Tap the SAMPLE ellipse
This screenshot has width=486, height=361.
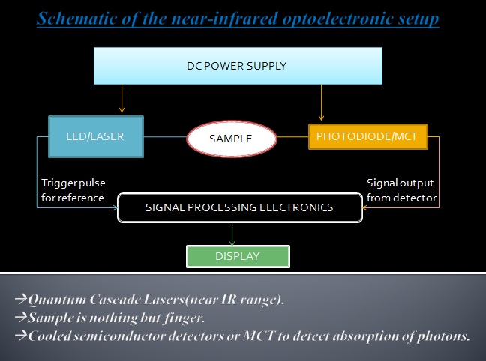(x=230, y=139)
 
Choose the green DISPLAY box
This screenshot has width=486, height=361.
(x=237, y=256)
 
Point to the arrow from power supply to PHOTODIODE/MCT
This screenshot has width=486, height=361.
(x=321, y=102)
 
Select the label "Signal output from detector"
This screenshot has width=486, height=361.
(x=400, y=190)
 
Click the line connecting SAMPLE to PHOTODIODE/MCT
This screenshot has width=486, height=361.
(x=292, y=137)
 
